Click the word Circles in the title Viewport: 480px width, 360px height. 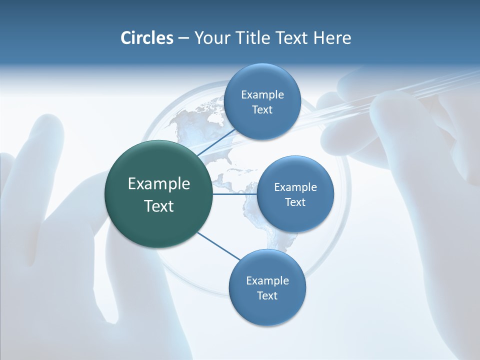(146, 38)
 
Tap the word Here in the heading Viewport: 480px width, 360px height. (332, 38)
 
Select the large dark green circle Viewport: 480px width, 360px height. (158, 194)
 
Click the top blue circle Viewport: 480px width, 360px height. (262, 101)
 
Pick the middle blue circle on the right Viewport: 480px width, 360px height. (295, 194)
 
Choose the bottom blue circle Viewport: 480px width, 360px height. (267, 287)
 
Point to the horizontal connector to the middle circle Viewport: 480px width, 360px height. (234, 194)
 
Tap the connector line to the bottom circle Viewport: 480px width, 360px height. (218, 246)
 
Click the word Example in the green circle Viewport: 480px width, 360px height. (158, 183)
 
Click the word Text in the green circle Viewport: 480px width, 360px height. (158, 206)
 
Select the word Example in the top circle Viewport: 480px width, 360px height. (262, 94)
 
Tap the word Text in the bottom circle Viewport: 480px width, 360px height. (267, 295)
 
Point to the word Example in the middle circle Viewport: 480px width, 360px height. (295, 187)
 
